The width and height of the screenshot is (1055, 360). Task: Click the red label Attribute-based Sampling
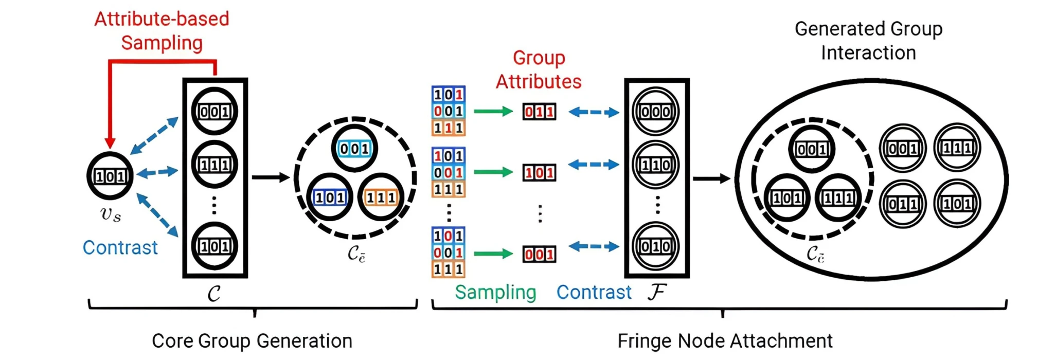click(162, 31)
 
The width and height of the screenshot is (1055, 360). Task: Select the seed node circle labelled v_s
click(110, 176)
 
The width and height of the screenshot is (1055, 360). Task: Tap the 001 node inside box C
click(214, 112)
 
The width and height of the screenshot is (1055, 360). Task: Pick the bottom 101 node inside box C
click(214, 246)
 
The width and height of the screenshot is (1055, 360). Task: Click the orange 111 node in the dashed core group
click(381, 197)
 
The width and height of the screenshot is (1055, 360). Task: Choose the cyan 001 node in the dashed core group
click(354, 149)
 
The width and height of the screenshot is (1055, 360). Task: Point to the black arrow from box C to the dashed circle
click(271, 177)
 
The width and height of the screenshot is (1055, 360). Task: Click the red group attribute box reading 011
click(539, 112)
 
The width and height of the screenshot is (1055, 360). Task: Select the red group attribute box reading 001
click(539, 254)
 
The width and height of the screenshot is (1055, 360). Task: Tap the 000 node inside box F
click(656, 112)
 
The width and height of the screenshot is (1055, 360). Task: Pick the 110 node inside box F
click(656, 165)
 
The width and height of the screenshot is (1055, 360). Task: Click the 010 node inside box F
click(656, 246)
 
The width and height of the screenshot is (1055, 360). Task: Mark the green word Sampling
click(495, 292)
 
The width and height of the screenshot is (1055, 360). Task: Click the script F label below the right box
click(657, 292)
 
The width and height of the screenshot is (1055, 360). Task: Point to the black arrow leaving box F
click(711, 178)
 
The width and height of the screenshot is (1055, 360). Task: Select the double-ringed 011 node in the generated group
click(903, 204)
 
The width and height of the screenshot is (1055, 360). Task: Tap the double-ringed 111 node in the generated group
click(957, 148)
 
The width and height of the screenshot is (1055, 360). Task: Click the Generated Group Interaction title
click(868, 41)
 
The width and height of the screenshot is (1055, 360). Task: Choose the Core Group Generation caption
click(252, 341)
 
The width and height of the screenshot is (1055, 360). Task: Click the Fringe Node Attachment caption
click(725, 341)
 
